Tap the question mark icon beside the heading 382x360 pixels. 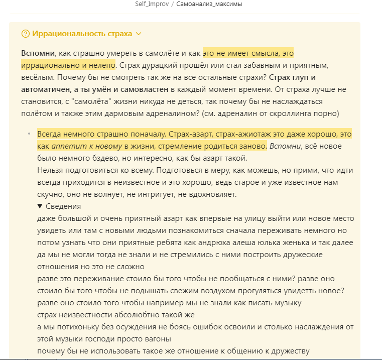[26, 34]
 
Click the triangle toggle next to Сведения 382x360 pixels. [40, 206]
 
